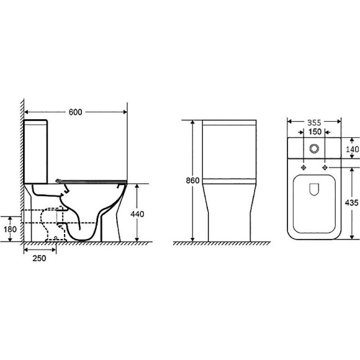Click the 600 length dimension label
pyautogui.click(x=75, y=112)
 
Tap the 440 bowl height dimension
pyautogui.click(x=137, y=214)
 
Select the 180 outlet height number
pyautogui.click(x=10, y=229)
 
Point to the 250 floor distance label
pyautogui.click(x=39, y=258)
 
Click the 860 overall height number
pyautogui.click(x=192, y=181)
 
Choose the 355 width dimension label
pyautogui.click(x=314, y=123)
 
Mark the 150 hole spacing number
pyautogui.click(x=315, y=132)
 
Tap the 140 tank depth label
pyautogui.click(x=353, y=149)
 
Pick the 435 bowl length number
pyautogui.click(x=351, y=202)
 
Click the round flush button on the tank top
pyautogui.click(x=314, y=148)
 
